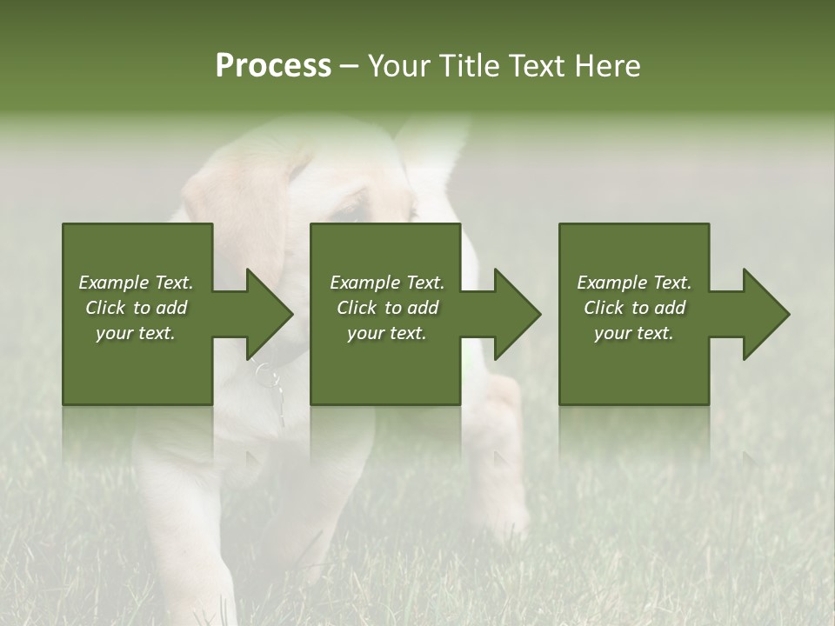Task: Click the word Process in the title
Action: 273,66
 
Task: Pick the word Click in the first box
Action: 106,308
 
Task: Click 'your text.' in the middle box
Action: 386,333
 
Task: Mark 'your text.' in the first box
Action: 136,333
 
